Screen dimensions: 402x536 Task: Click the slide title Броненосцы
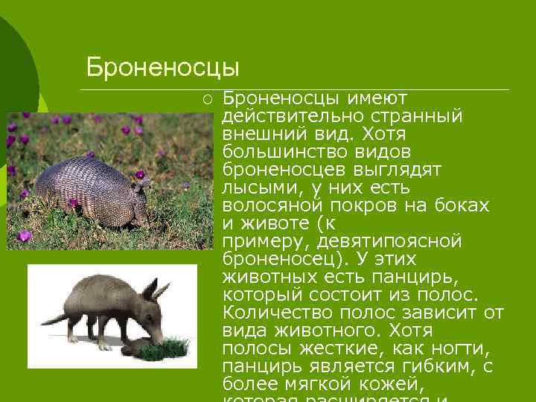[x=162, y=67]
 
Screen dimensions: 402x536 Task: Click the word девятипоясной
[x=389, y=241]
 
